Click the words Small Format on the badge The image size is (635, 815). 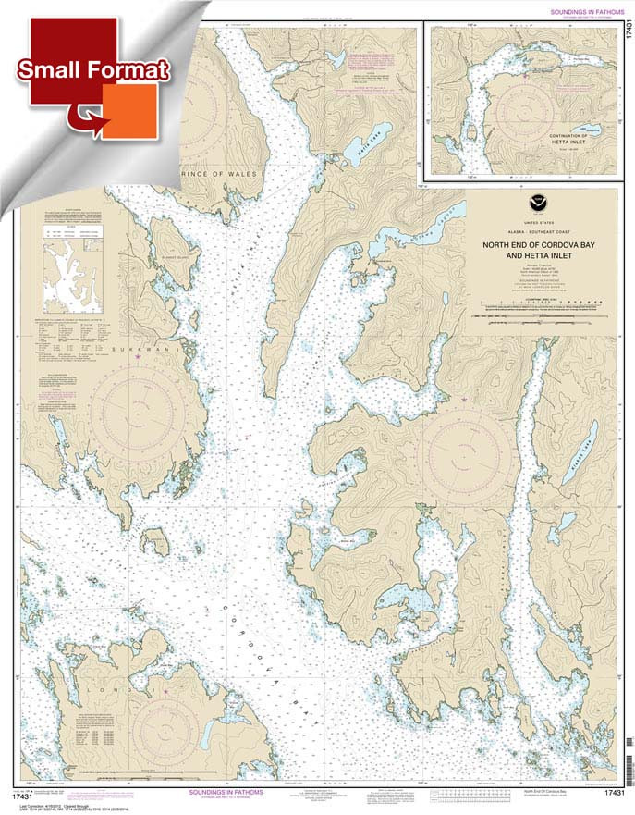click(x=92, y=70)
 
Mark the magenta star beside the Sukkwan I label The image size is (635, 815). click(x=139, y=356)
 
